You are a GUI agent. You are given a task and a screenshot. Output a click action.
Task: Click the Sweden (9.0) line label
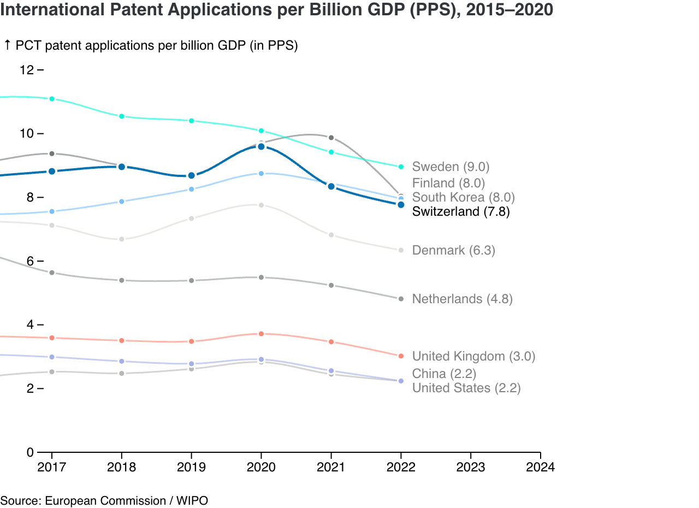451,167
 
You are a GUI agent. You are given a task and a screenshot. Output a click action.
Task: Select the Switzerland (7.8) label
461,211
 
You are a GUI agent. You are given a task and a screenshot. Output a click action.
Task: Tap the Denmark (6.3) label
453,250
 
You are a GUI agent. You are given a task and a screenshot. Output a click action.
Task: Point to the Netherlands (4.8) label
462,299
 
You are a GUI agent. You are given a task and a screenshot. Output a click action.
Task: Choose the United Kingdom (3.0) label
473,357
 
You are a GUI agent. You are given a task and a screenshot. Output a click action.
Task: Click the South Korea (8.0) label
463,197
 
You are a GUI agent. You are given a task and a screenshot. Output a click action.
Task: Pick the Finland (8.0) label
448,183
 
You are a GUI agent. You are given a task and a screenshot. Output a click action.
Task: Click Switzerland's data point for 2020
261,146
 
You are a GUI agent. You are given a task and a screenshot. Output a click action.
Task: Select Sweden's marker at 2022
401,167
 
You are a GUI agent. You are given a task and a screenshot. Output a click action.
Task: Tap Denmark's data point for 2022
401,250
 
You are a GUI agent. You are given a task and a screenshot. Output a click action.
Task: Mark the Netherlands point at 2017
52,273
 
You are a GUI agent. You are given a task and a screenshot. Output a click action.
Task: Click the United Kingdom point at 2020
261,334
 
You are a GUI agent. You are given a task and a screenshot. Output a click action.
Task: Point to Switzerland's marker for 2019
191,175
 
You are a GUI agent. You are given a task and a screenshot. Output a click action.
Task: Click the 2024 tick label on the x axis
540,468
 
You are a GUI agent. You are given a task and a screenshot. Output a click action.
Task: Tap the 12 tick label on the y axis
27,70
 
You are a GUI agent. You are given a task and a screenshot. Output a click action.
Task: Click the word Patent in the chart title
114,9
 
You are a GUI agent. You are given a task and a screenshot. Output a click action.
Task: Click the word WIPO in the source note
192,500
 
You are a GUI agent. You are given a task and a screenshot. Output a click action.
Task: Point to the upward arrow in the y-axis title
8,45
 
